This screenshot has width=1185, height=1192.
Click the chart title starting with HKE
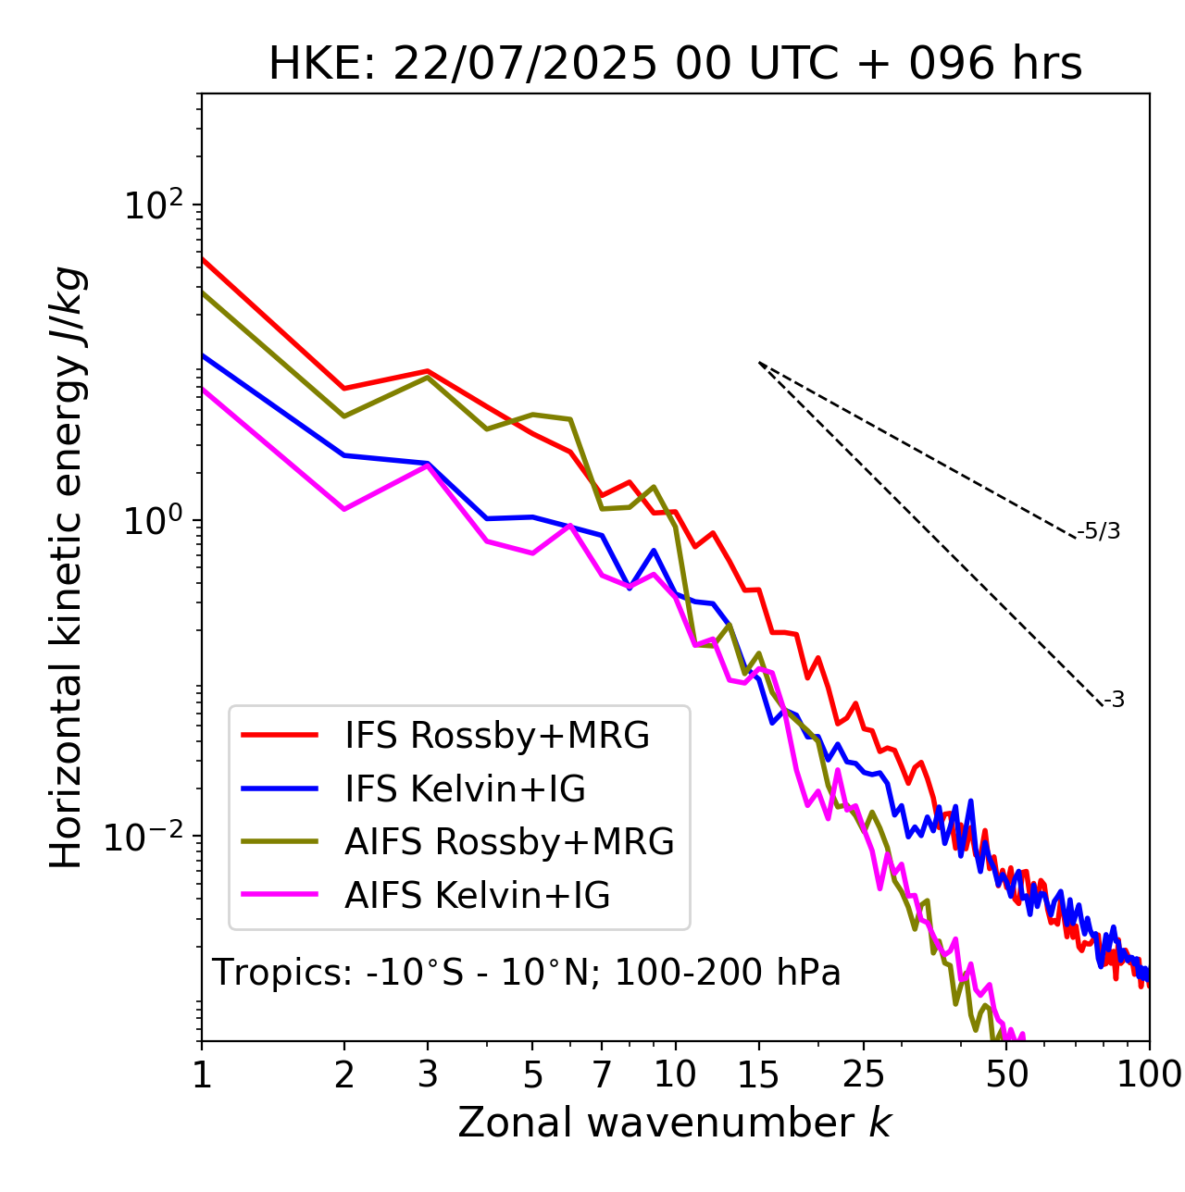675,64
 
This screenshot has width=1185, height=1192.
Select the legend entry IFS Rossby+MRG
497,735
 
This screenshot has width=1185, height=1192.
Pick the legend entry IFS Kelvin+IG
465,788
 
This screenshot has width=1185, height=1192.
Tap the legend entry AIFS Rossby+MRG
509,841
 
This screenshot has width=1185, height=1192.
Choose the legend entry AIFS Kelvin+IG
477,895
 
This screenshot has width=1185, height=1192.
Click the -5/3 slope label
1099,531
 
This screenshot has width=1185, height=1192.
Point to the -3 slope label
1114,701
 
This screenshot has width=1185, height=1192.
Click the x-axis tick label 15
758,1074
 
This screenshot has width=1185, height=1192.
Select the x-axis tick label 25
864,1074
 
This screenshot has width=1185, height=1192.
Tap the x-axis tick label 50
1007,1074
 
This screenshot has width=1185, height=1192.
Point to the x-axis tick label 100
1149,1074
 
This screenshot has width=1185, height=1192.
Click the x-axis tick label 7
602,1074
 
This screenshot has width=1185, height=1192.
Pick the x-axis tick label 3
427,1074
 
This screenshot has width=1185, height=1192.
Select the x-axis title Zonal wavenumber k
675,1123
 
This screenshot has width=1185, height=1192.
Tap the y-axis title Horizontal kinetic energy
68,567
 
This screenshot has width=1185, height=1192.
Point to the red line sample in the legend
280,735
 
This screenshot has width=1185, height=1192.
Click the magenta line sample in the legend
280,895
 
